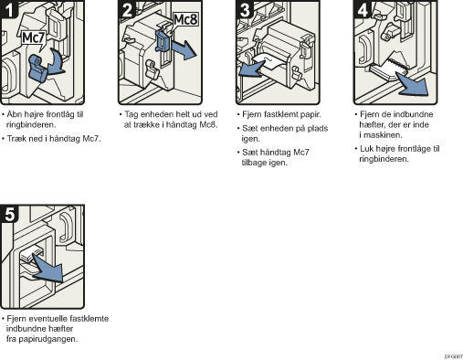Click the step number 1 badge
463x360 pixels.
point(9,9)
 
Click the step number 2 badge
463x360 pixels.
point(127,9)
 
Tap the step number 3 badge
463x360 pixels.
point(245,9)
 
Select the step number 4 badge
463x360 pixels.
point(363,9)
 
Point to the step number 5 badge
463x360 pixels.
point(9,214)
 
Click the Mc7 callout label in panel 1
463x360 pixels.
point(34,38)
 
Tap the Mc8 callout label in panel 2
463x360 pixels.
point(185,20)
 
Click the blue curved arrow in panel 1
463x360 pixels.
point(58,62)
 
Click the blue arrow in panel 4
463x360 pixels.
point(413,84)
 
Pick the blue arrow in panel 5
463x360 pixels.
point(48,268)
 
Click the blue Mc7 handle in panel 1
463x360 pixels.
point(38,69)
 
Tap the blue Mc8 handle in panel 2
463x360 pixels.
point(163,41)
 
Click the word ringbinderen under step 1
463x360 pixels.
point(31,124)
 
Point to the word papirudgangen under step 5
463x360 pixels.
point(48,339)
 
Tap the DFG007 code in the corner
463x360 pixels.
point(454,356)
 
